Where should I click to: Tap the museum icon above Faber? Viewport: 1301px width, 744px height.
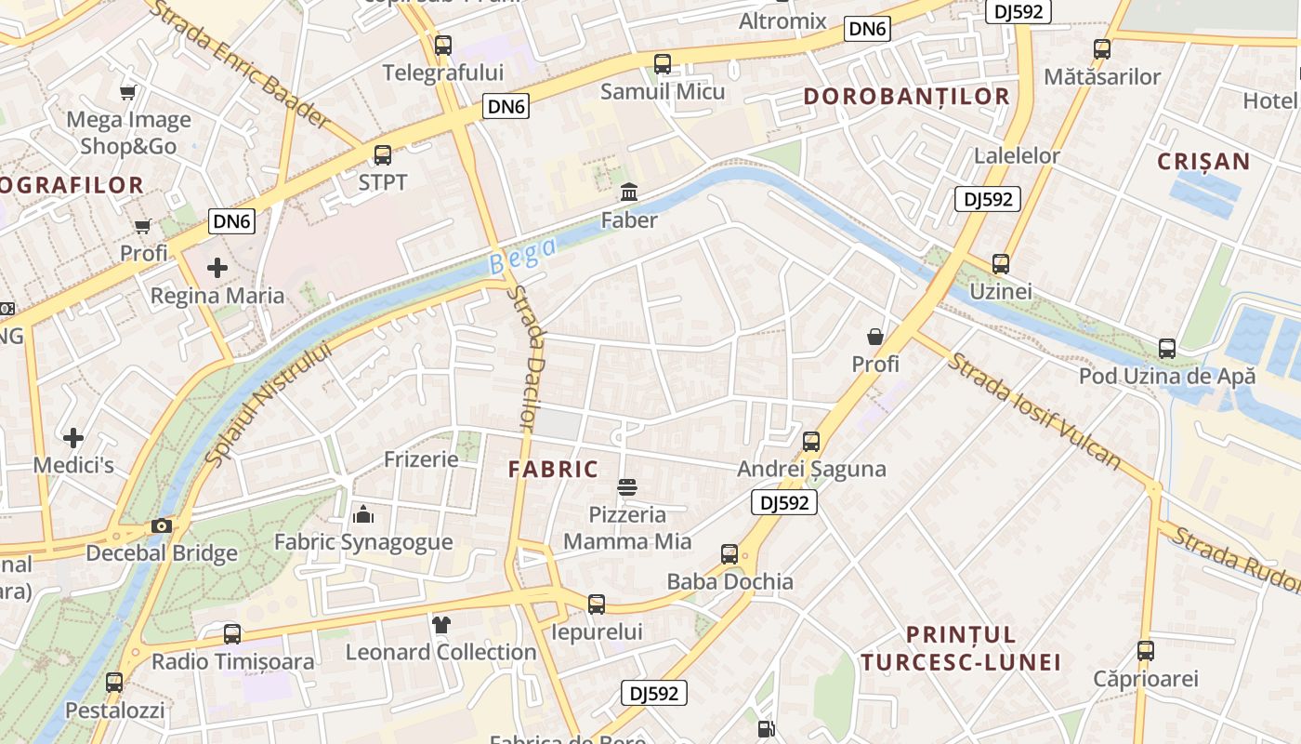click(x=629, y=193)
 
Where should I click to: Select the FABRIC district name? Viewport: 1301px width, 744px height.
click(x=553, y=470)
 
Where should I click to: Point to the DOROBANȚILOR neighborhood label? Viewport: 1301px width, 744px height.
click(x=906, y=97)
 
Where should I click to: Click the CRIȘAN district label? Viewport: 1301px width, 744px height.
click(x=1203, y=162)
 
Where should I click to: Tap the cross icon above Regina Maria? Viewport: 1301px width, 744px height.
click(x=217, y=269)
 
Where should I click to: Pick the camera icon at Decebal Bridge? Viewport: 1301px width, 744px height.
click(x=162, y=526)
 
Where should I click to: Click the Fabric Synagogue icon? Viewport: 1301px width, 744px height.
click(x=363, y=514)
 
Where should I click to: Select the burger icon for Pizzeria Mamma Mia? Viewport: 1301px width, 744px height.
click(x=627, y=487)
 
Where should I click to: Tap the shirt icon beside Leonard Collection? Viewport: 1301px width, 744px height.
click(x=440, y=625)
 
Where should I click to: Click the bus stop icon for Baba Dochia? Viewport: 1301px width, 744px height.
click(x=729, y=555)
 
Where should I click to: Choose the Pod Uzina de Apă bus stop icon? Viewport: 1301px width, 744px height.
click(x=1167, y=349)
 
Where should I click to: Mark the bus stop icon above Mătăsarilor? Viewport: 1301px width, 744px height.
click(x=1102, y=49)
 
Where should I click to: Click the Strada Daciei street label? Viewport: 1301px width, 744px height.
click(x=525, y=358)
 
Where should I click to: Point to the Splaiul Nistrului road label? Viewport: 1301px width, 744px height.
click(x=267, y=405)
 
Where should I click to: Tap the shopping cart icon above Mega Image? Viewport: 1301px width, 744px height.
click(x=128, y=92)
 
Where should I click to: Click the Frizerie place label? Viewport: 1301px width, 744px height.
click(x=421, y=459)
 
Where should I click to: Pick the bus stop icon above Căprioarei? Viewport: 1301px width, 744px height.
click(x=1146, y=651)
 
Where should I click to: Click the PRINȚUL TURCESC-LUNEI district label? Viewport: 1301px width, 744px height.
click(x=960, y=648)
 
